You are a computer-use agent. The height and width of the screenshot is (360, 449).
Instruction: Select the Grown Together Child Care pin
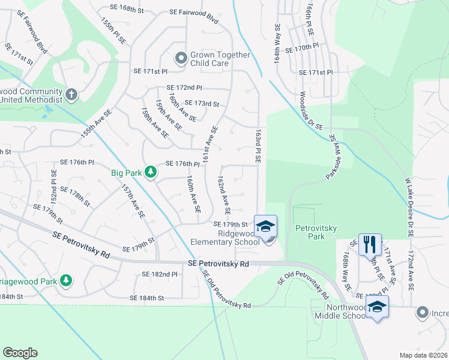click(x=181, y=59)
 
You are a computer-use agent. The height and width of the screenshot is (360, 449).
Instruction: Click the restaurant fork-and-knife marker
click(x=370, y=244)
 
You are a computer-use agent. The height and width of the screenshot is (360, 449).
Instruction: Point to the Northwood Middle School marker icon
click(x=377, y=307)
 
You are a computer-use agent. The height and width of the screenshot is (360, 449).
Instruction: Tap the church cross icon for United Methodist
click(x=71, y=94)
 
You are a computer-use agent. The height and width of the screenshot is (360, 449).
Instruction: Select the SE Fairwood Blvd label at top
click(x=193, y=12)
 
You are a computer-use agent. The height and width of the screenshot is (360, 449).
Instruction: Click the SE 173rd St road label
click(x=202, y=103)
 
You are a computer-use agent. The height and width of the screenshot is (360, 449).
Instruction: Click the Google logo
click(x=20, y=353)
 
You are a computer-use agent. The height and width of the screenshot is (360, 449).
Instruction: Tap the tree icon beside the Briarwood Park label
click(x=66, y=280)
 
